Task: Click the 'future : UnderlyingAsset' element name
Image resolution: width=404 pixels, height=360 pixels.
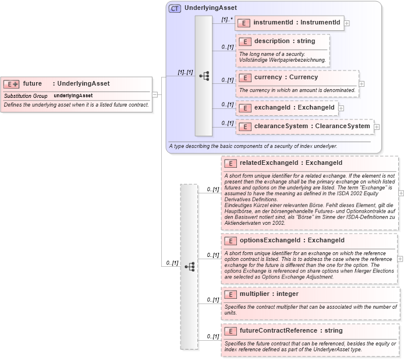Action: tap(66, 83)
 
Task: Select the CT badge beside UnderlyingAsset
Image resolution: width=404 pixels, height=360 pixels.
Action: tap(175, 9)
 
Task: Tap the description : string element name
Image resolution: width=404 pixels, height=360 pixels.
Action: tap(284, 41)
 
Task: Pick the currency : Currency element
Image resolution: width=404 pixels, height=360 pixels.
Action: tap(286, 77)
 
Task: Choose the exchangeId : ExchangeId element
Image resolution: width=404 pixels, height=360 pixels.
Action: tap(286, 107)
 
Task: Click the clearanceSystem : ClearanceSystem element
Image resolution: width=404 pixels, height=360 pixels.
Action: tap(304, 126)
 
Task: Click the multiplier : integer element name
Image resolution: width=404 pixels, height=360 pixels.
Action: tap(268, 294)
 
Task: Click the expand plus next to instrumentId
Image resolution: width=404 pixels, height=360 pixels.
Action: tap(348, 23)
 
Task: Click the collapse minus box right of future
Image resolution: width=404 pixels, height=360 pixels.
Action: tap(155, 94)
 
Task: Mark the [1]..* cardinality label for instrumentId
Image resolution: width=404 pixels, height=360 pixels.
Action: tap(226, 19)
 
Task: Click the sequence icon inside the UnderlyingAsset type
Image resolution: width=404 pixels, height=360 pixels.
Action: tap(204, 76)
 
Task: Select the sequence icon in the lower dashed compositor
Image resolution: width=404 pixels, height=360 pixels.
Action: tap(189, 266)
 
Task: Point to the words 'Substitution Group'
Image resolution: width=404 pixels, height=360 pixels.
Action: tap(26, 96)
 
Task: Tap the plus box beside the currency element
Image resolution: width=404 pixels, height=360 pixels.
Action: tap(362, 84)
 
